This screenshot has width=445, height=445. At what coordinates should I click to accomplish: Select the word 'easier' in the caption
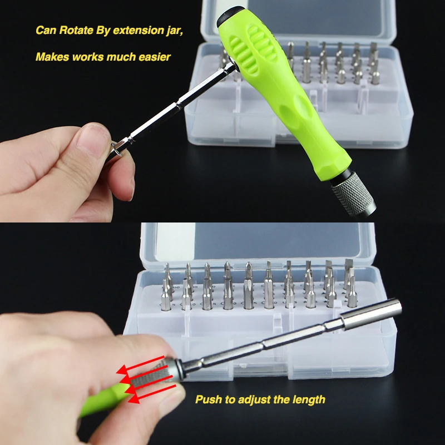(x=155, y=57)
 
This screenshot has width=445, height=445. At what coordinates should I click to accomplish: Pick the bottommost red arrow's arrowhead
(x=134, y=398)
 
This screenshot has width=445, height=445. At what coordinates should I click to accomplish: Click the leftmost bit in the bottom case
(x=166, y=295)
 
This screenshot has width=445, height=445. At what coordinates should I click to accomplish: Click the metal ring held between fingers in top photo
(x=117, y=150)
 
